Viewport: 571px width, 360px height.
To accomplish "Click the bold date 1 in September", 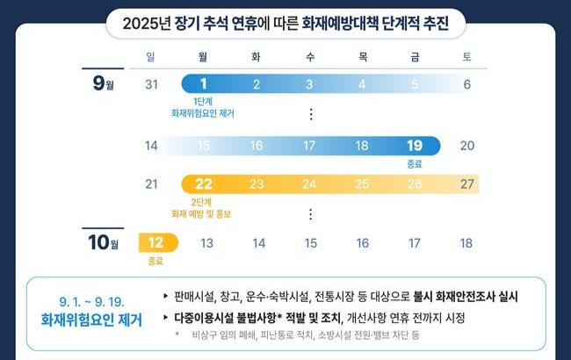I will [204, 84].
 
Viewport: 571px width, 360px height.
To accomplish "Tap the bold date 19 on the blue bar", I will [415, 146].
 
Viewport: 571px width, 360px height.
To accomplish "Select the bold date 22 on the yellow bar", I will [204, 184].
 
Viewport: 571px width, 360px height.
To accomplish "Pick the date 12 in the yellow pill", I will [156, 242].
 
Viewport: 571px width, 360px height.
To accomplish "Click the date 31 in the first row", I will [151, 84].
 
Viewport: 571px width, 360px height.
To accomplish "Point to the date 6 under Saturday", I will [466, 84].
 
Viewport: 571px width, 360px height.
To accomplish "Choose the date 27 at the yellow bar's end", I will [467, 184].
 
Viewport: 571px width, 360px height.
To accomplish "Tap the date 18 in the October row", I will [466, 242].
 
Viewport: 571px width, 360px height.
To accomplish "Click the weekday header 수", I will [310, 57].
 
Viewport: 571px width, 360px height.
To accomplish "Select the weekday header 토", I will [466, 57].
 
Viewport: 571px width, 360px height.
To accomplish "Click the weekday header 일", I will [151, 57].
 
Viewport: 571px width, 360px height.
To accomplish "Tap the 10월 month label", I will [106, 241].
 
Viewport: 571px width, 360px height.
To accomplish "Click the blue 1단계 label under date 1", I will [203, 103].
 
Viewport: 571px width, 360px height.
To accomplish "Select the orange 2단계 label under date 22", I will [203, 201].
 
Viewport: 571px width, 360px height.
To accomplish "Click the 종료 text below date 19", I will [415, 163].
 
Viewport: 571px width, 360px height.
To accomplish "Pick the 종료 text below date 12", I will [156, 260].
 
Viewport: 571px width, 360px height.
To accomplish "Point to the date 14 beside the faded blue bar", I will [151, 146].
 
